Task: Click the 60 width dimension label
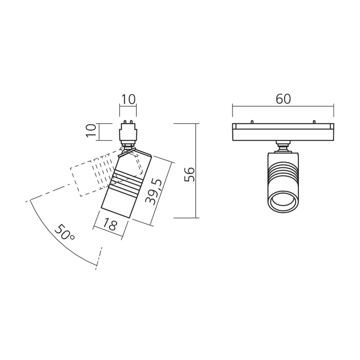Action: coord(283,99)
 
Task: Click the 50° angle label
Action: coord(65,233)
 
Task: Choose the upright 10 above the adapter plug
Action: coord(128,99)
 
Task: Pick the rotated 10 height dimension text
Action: coord(91,131)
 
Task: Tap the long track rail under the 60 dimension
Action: coord(283,132)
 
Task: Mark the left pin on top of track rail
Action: coord(252,121)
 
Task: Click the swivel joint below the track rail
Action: coord(283,145)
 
